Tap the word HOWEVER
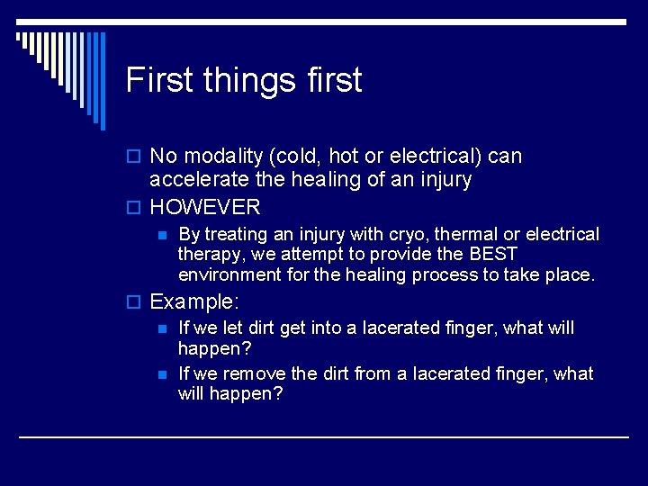click(x=205, y=207)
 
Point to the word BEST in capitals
click(x=493, y=254)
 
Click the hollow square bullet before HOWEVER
click(x=137, y=208)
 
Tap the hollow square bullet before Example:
click(x=137, y=302)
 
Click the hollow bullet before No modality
click(x=137, y=157)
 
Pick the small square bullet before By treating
click(x=161, y=235)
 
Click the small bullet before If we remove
click(x=161, y=373)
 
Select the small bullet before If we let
click(x=161, y=328)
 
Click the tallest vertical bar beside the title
click(x=102, y=81)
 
